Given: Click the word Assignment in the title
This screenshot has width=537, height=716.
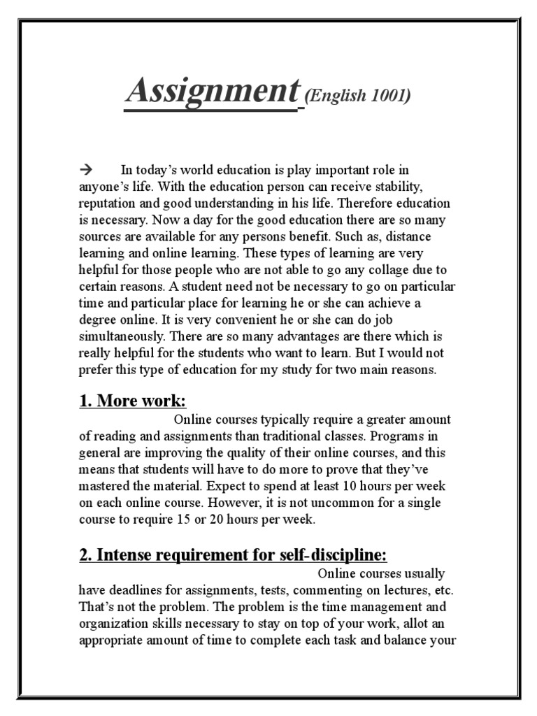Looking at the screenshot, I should pos(210,92).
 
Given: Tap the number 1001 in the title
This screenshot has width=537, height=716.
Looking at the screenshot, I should pos(389,96).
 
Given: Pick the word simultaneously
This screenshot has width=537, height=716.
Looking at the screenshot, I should pos(121,337).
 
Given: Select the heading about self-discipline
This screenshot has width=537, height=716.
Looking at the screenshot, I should pos(233,555).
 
